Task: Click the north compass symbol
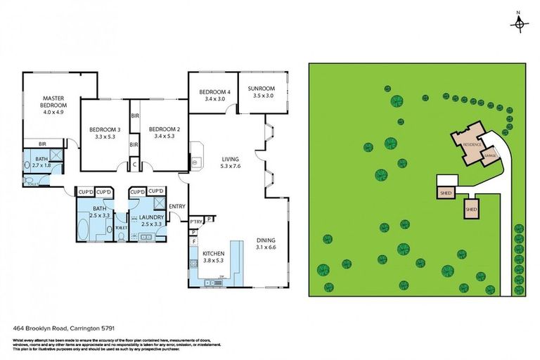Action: coord(520,23)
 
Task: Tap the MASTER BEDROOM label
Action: coord(53,103)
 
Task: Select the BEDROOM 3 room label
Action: coord(105,129)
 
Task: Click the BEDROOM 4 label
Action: coord(214,92)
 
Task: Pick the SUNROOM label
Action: coord(263,89)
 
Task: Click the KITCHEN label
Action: coord(212,253)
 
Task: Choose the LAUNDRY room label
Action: coord(152,218)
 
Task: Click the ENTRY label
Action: coord(177,206)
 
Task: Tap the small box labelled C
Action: coord(135,165)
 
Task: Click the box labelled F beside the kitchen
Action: coord(193,241)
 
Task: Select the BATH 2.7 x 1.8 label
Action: coord(38,161)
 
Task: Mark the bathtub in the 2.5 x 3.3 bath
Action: coord(91,229)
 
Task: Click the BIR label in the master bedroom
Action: coord(32,143)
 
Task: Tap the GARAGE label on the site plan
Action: coord(489,156)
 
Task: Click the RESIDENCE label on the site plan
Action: coord(472,143)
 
